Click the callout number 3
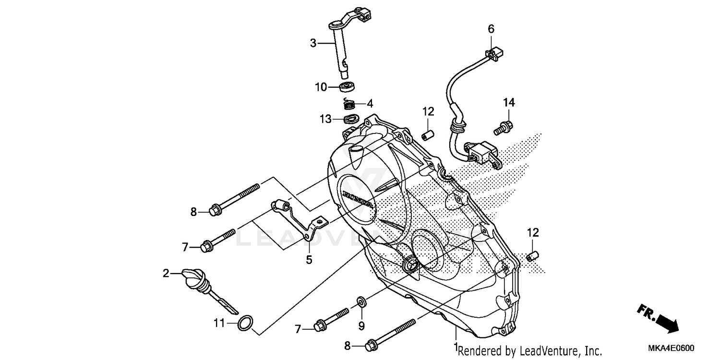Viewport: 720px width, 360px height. [313, 43]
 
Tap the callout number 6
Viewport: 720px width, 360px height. [491, 29]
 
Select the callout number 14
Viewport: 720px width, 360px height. [509, 102]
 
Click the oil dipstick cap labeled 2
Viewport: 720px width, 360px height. [192, 277]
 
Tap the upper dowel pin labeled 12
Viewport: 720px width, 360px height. [428, 134]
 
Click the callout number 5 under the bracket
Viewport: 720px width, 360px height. [309, 260]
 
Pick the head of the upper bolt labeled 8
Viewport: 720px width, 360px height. [215, 210]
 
